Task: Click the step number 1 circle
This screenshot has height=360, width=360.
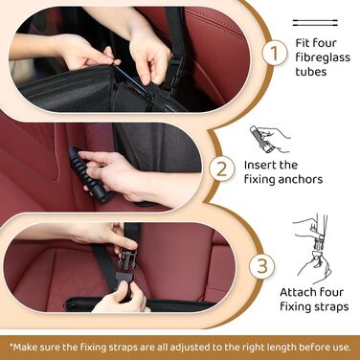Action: click(x=275, y=53)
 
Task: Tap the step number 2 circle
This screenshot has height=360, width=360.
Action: click(x=222, y=169)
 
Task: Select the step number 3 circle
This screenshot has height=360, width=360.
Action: click(x=261, y=265)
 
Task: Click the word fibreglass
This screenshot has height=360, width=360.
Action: click(x=323, y=57)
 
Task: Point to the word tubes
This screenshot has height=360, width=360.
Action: click(x=311, y=72)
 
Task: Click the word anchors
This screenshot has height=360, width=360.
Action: click(x=301, y=179)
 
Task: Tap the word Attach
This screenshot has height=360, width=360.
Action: click(x=297, y=292)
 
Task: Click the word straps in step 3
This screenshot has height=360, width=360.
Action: click(x=330, y=306)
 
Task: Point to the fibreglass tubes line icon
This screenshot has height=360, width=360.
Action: click(x=315, y=23)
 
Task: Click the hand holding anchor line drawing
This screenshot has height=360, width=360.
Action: click(x=270, y=139)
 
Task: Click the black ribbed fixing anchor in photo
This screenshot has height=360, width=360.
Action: click(x=89, y=173)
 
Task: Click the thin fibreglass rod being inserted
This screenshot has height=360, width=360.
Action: click(x=130, y=79)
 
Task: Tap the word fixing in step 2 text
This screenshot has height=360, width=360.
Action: click(x=259, y=179)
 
